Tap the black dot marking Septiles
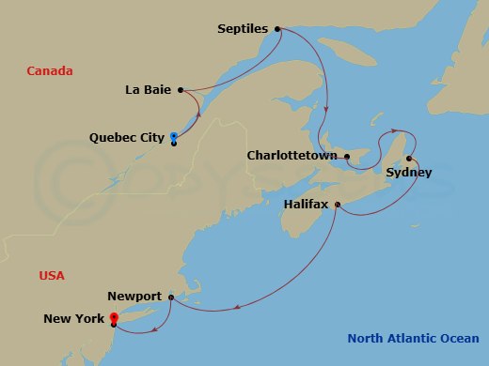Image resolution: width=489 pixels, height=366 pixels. tap(277, 29)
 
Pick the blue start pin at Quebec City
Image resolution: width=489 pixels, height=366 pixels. tap(173, 138)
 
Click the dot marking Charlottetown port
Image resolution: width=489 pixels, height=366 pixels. tap(346, 156)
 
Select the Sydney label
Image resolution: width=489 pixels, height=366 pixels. tap(409, 173)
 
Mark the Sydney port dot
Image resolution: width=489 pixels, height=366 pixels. tap(409, 158)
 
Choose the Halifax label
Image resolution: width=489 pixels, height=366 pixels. tap(307, 204)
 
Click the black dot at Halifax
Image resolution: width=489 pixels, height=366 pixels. tap(337, 204)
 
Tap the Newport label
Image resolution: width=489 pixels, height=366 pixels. tap(134, 296)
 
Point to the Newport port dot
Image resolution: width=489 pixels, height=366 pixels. tap(170, 297)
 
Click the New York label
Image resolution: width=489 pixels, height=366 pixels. tap(74, 319)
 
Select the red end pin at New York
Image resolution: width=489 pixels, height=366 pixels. tap(113, 319)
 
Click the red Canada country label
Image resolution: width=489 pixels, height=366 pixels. tap(50, 71)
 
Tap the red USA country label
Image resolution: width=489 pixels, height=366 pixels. tap(51, 276)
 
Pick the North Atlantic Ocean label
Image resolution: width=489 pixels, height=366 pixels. tap(412, 339)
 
